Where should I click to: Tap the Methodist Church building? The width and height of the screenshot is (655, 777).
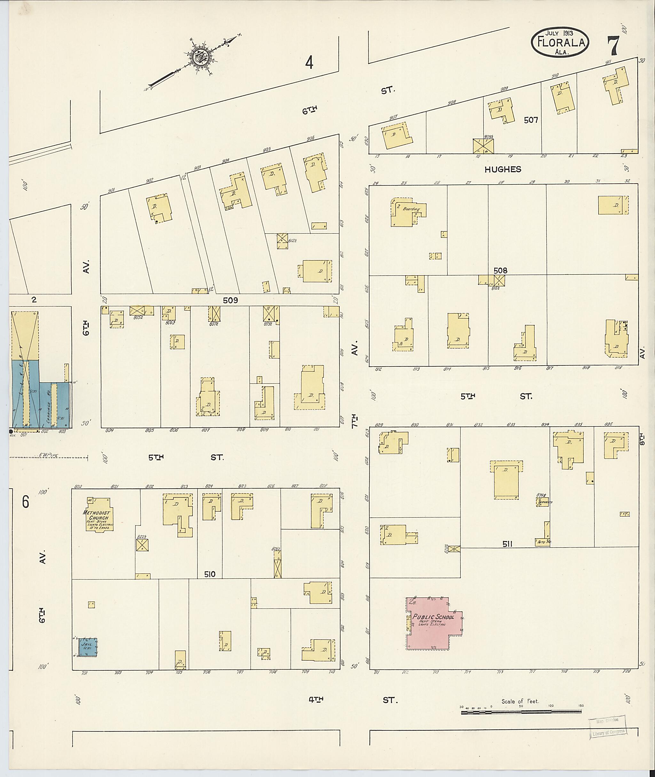pyautogui.click(x=99, y=515)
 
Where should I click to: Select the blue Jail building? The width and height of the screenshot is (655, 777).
pyautogui.click(x=88, y=647)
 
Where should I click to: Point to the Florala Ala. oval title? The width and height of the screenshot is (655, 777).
pyautogui.click(x=560, y=43)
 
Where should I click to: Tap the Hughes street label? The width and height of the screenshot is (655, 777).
pyautogui.click(x=502, y=169)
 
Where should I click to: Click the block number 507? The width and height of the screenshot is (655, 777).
pyautogui.click(x=531, y=120)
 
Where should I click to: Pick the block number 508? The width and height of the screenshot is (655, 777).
pyautogui.click(x=500, y=271)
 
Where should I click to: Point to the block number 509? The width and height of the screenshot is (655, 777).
pyautogui.click(x=230, y=300)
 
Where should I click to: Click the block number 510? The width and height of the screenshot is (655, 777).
pyautogui.click(x=209, y=574)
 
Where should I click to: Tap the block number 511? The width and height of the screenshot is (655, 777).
pyautogui.click(x=507, y=544)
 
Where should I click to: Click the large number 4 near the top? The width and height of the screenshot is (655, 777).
pyautogui.click(x=309, y=63)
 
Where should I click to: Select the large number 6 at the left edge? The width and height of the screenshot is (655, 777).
pyautogui.click(x=25, y=502)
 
